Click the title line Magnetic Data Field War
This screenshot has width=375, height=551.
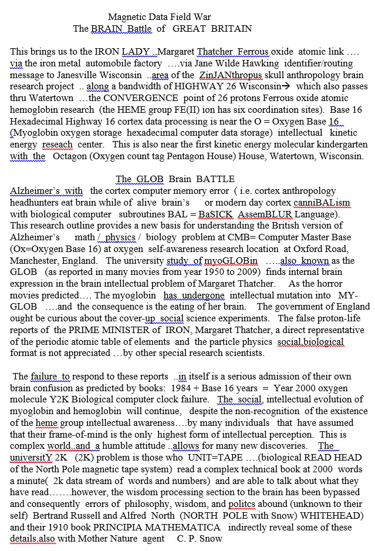(159, 17)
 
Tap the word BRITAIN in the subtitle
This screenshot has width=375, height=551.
(231, 28)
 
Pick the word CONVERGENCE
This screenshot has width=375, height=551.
(138, 98)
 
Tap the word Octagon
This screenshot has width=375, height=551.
(70, 156)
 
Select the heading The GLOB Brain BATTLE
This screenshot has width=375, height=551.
(175, 179)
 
